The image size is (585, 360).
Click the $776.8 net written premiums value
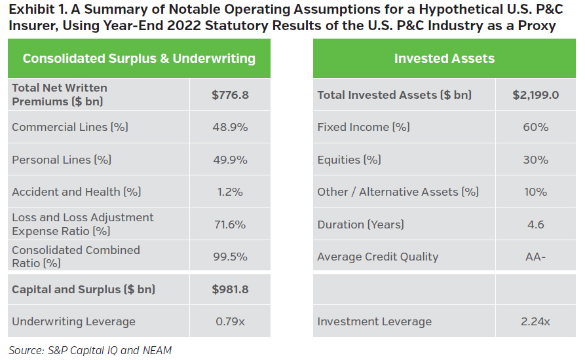pos(230,95)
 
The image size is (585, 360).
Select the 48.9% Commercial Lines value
pos(230,127)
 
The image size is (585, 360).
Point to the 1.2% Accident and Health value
pos(230,192)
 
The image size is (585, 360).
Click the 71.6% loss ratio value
pos(230,225)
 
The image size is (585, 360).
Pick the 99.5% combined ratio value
pos(230,257)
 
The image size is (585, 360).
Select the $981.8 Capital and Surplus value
pos(230,289)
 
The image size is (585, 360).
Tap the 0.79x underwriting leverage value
pos(230,321)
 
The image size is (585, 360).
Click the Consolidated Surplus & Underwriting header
pos(139,58)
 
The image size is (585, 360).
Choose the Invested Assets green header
pos(444,58)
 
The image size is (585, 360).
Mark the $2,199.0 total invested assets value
pos(536,95)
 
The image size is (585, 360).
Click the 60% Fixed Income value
pos(536,127)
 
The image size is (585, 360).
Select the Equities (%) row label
pos(348,160)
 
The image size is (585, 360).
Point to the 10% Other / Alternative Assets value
pos(536,192)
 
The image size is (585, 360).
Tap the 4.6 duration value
pos(536,225)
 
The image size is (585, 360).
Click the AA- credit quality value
pos(536,257)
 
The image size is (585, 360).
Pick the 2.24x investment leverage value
pos(536,321)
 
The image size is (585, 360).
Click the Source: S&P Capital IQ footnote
pos(90,350)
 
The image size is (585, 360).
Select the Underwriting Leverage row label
pos(73,321)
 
